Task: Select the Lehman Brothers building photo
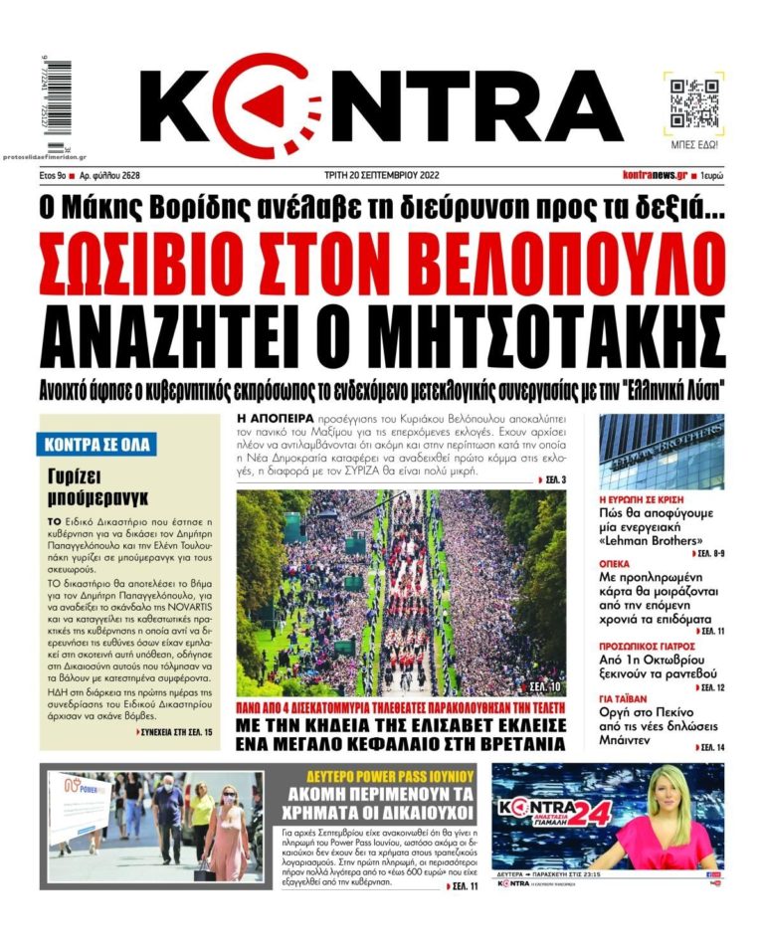(x=661, y=453)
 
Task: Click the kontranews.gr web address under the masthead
(x=654, y=175)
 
